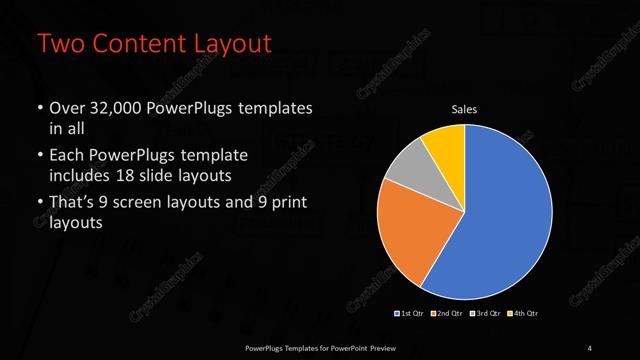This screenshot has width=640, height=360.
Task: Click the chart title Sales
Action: [x=464, y=109]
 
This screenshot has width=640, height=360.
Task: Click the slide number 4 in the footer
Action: [x=589, y=347]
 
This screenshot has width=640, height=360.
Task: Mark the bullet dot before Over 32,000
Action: [x=39, y=108]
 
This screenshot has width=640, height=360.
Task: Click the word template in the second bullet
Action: [x=214, y=157]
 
